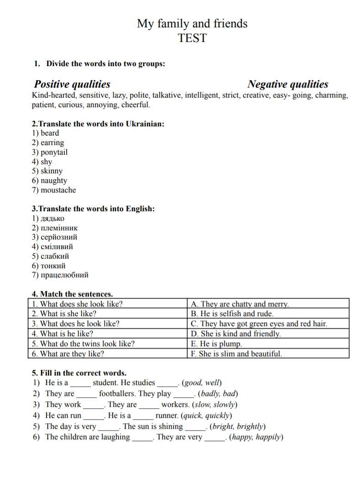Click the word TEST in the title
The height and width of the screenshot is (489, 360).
[x=192, y=38]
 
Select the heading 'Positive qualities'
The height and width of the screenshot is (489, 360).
[x=72, y=84]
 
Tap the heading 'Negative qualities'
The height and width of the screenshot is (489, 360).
[x=287, y=84]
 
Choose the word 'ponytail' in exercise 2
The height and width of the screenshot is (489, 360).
[x=54, y=152]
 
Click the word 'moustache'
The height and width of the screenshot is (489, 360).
[x=58, y=190]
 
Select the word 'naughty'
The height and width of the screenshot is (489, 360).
[x=54, y=181]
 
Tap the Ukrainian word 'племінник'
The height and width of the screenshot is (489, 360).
[x=59, y=228]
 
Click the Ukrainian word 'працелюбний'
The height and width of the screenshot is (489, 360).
[x=64, y=275]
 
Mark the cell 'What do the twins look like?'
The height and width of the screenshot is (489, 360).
[x=83, y=344]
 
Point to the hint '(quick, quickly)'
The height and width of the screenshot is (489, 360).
[x=206, y=416]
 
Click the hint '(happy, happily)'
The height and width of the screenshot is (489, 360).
[x=256, y=437]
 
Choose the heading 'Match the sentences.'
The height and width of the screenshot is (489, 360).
[x=76, y=294]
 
